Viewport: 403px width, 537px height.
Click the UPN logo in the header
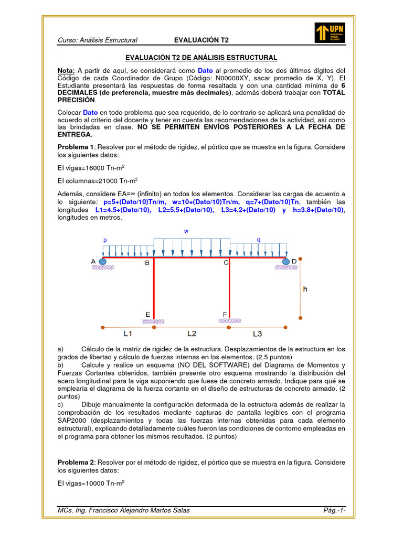330,33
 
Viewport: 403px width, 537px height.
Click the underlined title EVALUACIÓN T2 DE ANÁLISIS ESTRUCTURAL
201,58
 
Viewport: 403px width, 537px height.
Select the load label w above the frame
186,231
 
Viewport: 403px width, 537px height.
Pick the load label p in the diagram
105,239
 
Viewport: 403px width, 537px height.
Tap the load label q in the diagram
259,240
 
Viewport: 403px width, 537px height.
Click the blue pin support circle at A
102,261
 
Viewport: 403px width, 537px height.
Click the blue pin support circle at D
286,261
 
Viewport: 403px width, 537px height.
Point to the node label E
147,315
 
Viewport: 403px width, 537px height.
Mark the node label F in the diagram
225,315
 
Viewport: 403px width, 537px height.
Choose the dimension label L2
192,334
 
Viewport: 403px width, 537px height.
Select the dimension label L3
258,334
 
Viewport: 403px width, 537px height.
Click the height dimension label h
305,288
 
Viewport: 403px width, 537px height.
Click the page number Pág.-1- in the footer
335,511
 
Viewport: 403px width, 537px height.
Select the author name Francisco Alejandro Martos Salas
136,511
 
